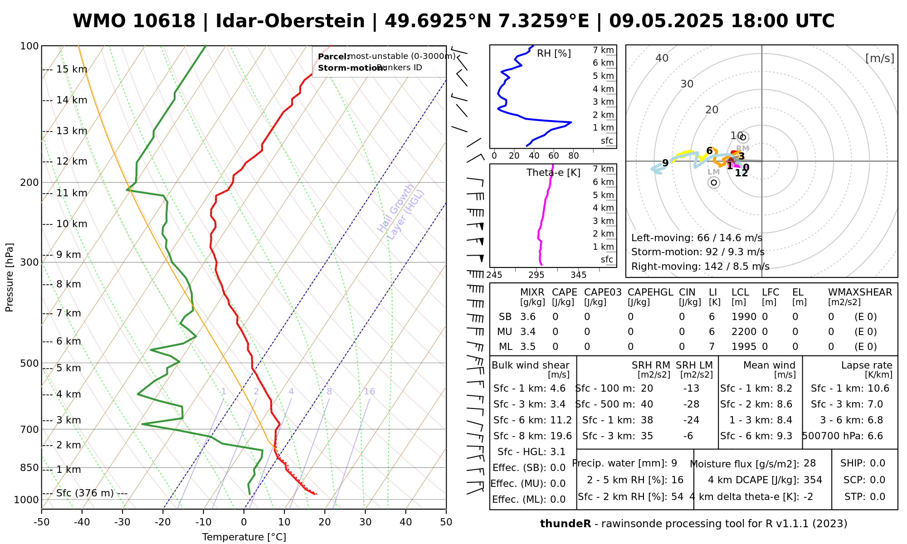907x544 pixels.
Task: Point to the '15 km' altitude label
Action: click(x=71, y=69)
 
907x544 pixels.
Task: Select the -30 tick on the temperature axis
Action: click(x=122, y=522)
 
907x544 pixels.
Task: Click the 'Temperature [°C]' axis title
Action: click(x=244, y=537)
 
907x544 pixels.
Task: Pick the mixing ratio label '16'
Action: click(x=369, y=392)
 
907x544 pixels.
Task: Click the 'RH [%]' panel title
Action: click(x=554, y=53)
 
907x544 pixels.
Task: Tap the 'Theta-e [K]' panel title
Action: click(x=553, y=173)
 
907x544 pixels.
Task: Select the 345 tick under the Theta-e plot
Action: click(x=578, y=275)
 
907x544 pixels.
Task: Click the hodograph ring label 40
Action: click(x=662, y=58)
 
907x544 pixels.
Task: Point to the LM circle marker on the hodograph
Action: click(x=714, y=182)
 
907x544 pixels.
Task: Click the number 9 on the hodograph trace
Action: click(x=665, y=163)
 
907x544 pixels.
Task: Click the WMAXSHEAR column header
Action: click(x=860, y=292)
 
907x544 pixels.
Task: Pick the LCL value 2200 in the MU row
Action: click(x=744, y=332)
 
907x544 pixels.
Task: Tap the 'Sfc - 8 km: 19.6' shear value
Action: click(x=532, y=436)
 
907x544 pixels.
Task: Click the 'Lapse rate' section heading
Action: click(x=867, y=365)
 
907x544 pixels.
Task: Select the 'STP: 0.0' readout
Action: click(x=864, y=497)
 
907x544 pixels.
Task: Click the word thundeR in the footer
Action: click(x=566, y=524)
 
